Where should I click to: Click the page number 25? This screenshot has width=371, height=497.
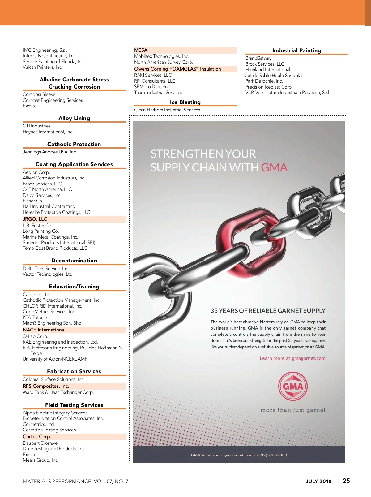coord(346,481)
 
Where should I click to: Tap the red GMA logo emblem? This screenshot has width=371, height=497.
coord(293,386)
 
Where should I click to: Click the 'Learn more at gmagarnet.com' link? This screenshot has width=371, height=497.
coord(292,358)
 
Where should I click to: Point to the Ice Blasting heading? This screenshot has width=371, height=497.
coord(185,102)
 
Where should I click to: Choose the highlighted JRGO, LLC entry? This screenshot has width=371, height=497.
coord(35,219)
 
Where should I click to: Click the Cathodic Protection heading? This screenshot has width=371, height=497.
coord(74,144)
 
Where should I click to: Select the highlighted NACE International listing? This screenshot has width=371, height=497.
coord(44,330)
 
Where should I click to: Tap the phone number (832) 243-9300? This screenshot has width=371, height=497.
coord(272,455)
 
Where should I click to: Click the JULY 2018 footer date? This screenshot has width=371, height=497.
coord(318,481)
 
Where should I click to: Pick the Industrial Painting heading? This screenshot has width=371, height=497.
coord(296,50)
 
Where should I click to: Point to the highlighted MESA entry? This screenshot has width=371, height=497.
coord(141,50)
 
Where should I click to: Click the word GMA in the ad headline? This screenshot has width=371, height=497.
coord(274,167)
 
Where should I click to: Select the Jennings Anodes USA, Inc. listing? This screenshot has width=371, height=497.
coord(50,152)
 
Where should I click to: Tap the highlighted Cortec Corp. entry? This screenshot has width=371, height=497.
coord(37,437)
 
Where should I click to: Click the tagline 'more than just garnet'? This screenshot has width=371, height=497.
coord(293,410)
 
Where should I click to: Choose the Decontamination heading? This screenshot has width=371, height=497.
coord(74,261)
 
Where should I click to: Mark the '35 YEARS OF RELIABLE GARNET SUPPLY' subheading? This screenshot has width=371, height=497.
coord(268,311)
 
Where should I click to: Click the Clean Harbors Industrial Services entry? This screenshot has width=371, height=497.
coord(167,110)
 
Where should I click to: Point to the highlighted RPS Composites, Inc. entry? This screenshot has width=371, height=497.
coord(46,386)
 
